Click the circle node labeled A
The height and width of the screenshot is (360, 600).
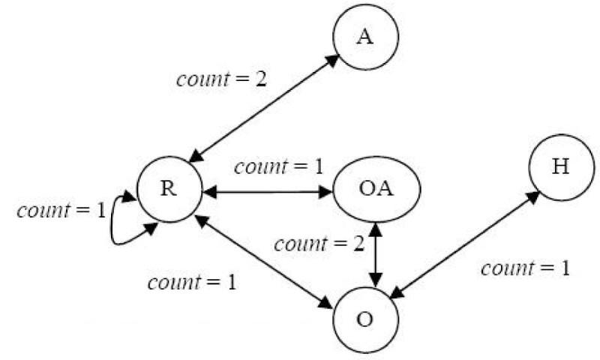click(x=365, y=39)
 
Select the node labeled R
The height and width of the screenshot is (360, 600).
click(x=169, y=189)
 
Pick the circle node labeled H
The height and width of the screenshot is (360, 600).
click(x=560, y=166)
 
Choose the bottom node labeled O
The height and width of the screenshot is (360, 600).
click(x=365, y=319)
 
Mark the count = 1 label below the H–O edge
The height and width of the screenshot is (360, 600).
click(x=524, y=268)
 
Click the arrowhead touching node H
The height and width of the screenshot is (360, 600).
click(x=533, y=196)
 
